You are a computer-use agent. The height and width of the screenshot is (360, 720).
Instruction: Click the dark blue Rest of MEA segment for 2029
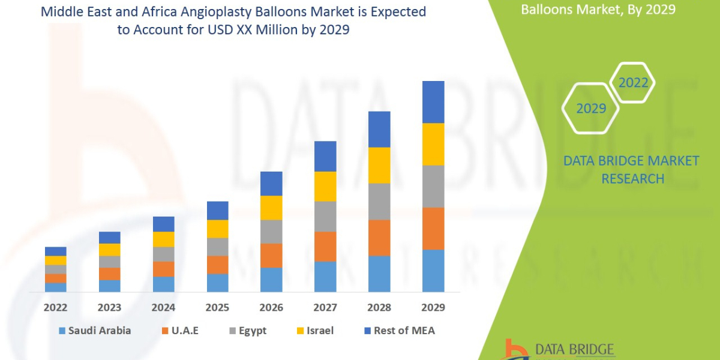coord(433,102)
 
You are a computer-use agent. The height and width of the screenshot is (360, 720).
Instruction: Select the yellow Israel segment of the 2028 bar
coord(379,165)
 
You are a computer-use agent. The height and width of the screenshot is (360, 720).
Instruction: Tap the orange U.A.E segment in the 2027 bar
coord(325,246)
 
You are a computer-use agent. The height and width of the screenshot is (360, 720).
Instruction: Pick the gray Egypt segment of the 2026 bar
coord(271,231)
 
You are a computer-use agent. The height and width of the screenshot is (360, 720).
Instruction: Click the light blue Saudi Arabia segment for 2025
coord(217,283)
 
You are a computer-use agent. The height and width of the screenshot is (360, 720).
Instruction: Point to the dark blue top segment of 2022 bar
coord(55,251)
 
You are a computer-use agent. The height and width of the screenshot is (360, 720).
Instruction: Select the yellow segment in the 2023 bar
coord(109,250)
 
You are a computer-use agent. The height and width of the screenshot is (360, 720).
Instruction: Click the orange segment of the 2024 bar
coord(163,269)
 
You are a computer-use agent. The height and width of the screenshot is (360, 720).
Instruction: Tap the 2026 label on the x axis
coord(271,308)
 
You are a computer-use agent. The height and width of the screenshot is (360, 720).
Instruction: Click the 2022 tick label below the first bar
coord(55,308)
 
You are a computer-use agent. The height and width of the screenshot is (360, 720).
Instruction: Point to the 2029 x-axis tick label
coord(433,308)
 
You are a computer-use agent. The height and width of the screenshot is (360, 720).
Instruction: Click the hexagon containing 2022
coord(632,83)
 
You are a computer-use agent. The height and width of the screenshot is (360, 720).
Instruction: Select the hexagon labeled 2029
coord(590,109)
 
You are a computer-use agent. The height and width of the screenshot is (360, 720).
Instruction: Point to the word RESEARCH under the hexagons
coord(632,179)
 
